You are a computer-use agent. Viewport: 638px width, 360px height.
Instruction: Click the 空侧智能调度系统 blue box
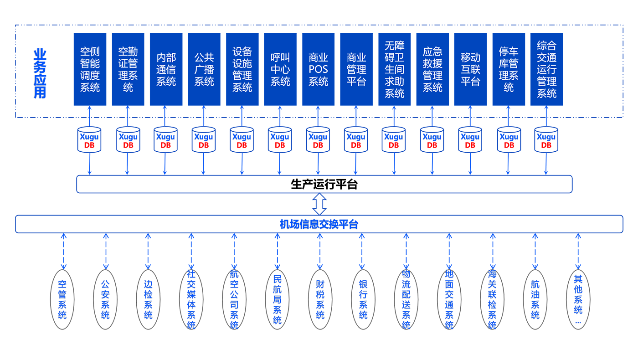(x=90, y=69)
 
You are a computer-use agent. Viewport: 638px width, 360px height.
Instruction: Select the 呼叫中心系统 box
(x=280, y=69)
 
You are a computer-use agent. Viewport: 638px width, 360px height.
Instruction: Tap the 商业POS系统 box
(x=319, y=69)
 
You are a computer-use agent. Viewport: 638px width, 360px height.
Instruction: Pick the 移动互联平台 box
(x=470, y=69)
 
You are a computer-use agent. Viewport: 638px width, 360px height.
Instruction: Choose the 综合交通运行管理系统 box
(x=546, y=69)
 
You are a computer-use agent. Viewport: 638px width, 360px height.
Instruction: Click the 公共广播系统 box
(x=204, y=69)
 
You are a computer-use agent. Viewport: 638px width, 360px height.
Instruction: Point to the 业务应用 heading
(x=40, y=73)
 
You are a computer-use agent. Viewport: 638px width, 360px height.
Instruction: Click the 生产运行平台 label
(x=324, y=184)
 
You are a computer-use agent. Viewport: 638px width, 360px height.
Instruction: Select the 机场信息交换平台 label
(x=319, y=224)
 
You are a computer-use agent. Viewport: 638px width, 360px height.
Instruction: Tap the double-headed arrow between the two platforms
(x=319, y=204)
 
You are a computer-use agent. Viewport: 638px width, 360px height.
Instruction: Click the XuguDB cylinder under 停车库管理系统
(x=509, y=139)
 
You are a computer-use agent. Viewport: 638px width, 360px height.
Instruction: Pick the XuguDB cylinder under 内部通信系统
(x=166, y=139)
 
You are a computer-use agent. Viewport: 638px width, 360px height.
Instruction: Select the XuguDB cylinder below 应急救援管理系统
(x=432, y=139)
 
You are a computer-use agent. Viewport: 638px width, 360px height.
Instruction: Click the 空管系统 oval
(x=62, y=299)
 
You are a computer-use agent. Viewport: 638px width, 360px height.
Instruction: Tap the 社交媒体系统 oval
(x=191, y=299)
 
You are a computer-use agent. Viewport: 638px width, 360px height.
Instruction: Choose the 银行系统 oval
(x=363, y=299)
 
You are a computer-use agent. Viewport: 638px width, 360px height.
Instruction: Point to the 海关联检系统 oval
(x=492, y=299)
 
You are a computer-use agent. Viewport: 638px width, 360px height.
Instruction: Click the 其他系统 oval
(x=578, y=299)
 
